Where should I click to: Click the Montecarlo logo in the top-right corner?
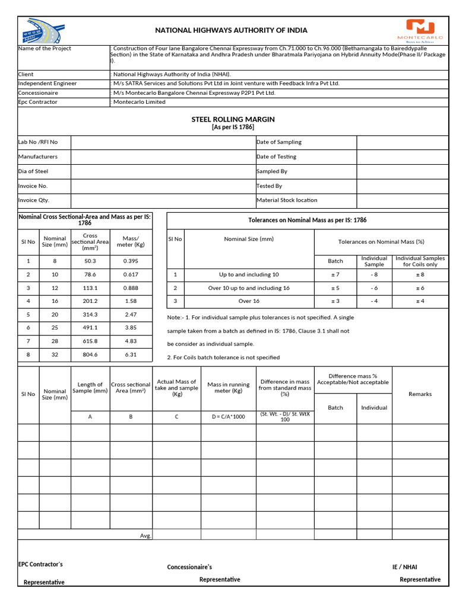pyautogui.click(x=420, y=30)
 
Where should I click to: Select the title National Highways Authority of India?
pyautogui.click(x=231, y=30)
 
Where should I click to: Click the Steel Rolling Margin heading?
pyautogui.click(x=233, y=119)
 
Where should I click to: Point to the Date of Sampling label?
pyautogui.click(x=278, y=142)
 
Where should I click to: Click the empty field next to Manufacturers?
pyautogui.click(x=162, y=156)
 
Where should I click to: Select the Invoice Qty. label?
pyautogui.click(x=34, y=200)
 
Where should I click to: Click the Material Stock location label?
pyautogui.click(x=287, y=200)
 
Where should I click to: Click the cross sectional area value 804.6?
pyautogui.click(x=90, y=356)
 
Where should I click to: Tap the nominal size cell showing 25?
pyautogui.click(x=55, y=327)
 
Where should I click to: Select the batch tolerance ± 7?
pyautogui.click(x=335, y=275)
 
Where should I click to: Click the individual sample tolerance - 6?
pyautogui.click(x=374, y=288)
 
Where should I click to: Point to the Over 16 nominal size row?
pyautogui.click(x=249, y=301)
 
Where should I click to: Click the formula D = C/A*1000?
pyautogui.click(x=228, y=417)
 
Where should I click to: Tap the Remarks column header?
pyautogui.click(x=420, y=394)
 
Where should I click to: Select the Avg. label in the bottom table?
pyautogui.click(x=145, y=535)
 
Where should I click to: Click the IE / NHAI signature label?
pyautogui.click(x=408, y=567)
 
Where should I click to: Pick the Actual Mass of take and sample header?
pyautogui.click(x=176, y=388)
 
